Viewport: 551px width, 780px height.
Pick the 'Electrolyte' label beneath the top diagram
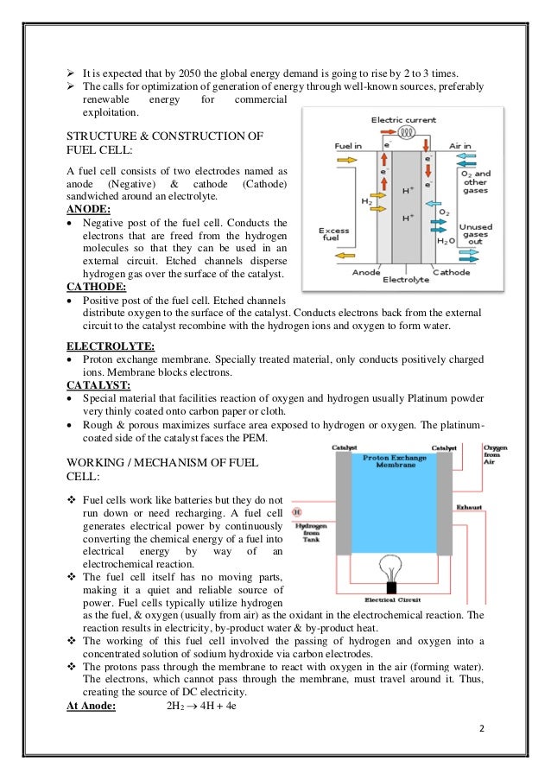[404, 280]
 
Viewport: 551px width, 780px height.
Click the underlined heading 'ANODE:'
[88, 209]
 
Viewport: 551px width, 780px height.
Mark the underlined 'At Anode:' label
[95, 706]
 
